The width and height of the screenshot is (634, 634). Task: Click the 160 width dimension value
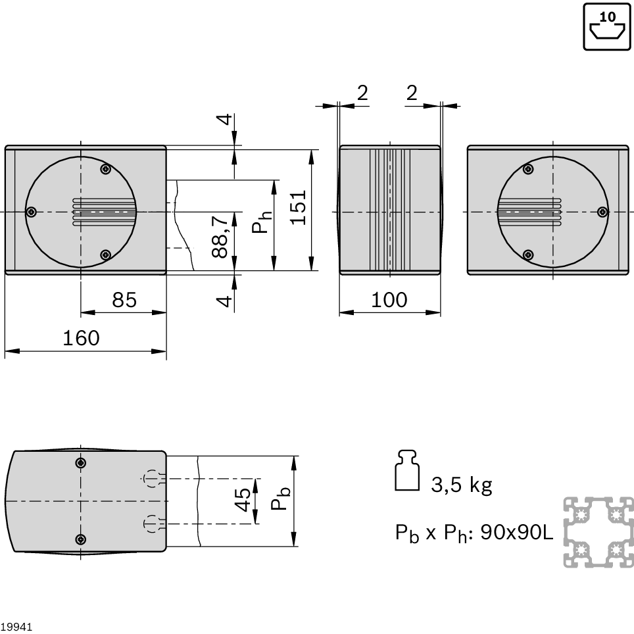coord(81,338)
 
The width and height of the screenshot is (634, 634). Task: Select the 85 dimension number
coord(124,300)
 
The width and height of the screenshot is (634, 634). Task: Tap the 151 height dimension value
coord(299,207)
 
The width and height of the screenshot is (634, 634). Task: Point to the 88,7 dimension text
coord(220,237)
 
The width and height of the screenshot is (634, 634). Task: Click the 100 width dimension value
coord(389,300)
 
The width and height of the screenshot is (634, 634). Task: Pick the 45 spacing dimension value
coord(242,500)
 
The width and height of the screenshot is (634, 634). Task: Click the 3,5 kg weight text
coord(461,485)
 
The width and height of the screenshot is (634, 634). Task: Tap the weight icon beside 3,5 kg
coord(406,470)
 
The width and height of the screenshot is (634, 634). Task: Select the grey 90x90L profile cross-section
coord(598,532)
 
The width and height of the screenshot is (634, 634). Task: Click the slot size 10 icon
coord(607,27)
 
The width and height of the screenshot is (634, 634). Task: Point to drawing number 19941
coord(16,627)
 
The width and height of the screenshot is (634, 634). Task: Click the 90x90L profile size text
coord(517,533)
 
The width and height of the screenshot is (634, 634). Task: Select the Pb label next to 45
coord(280,498)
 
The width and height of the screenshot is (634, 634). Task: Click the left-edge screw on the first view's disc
coord(32,212)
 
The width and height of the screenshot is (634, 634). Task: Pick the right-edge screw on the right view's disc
coord(602,212)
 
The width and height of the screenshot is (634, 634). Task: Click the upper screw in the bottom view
coord(81,463)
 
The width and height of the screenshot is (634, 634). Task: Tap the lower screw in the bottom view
coord(81,539)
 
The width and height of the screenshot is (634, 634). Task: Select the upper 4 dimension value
coord(224,119)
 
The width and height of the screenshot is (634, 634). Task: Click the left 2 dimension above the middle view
coord(362,93)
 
